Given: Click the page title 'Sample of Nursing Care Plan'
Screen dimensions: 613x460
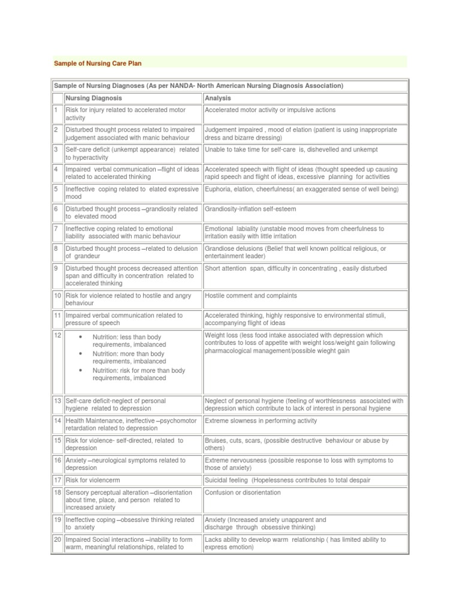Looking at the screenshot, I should (98, 63).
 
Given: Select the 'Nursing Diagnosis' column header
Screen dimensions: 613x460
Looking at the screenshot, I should (93, 98).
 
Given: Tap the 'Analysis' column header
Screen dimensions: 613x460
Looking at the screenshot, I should (217, 98).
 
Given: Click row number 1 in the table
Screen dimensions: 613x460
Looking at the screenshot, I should (56, 110).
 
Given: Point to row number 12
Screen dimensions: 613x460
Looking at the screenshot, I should (57, 336).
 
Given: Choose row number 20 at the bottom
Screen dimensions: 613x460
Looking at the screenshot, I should (57, 540).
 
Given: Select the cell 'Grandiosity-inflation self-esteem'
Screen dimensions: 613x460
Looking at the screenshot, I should (250, 209).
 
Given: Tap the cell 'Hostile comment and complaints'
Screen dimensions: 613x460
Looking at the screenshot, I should (250, 296).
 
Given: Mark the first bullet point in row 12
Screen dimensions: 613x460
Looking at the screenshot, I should (80, 338).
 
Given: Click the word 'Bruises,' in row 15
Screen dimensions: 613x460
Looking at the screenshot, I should (217, 441).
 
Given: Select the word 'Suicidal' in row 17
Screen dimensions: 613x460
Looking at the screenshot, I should (217, 480).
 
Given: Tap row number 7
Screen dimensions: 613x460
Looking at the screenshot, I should (56, 229).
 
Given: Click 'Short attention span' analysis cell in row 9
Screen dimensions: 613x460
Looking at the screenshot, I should (295, 268).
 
